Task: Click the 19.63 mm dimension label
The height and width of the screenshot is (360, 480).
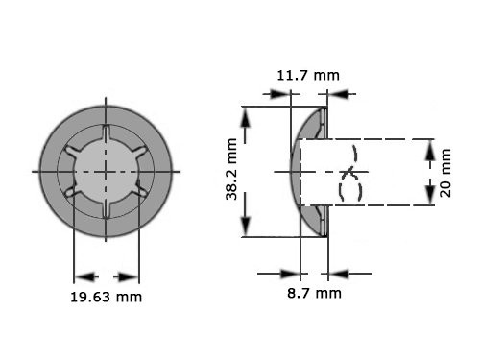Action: [107, 297]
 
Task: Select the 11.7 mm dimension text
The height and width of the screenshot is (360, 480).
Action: [307, 75]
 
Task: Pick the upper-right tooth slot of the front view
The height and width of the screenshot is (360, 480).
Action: [137, 154]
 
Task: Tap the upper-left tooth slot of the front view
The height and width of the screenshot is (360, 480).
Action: [76, 154]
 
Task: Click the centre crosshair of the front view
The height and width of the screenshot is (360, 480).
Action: [107, 172]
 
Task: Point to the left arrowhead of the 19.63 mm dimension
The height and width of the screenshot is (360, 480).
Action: [81, 273]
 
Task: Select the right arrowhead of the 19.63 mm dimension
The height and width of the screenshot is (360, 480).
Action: [132, 273]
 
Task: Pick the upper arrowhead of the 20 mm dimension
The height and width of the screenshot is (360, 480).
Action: [429, 146]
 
